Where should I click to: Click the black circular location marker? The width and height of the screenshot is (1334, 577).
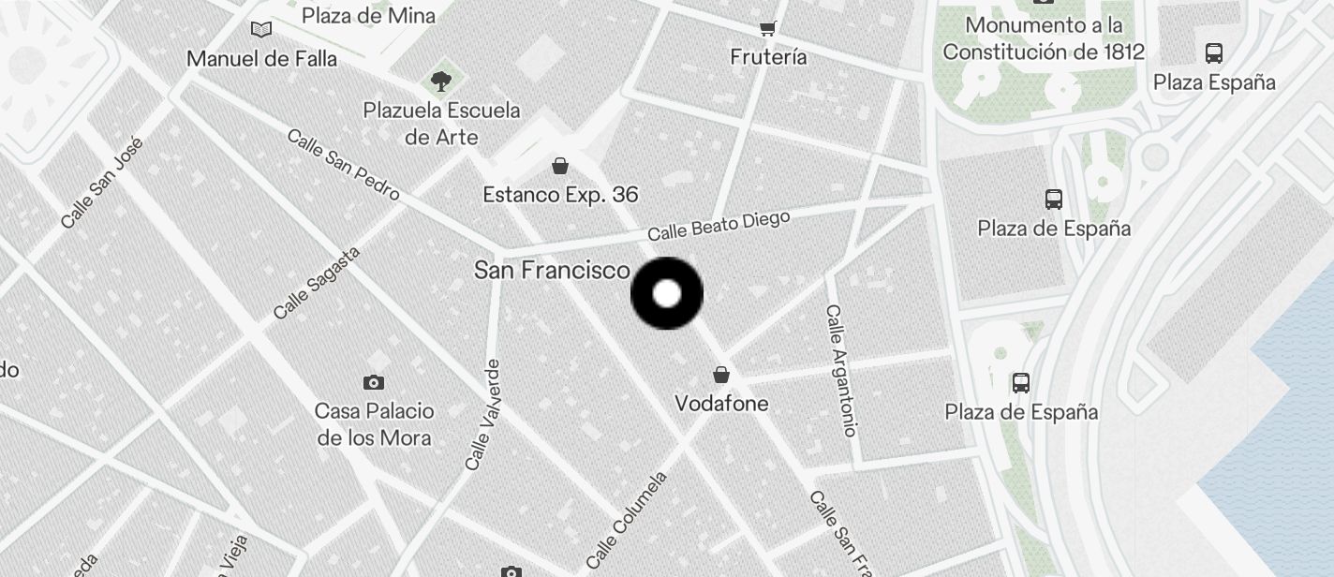coord(667,294)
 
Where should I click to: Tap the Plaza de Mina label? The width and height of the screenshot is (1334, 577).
coord(368,15)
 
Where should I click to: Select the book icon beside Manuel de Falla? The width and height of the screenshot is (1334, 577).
coord(261,30)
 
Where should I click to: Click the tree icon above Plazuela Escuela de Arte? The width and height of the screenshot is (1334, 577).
coord(440,81)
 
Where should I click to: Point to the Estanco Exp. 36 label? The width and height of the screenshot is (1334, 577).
coord(560,195)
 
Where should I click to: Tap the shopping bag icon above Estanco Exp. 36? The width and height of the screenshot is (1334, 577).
coord(560,167)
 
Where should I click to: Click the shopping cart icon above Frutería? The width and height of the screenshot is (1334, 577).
coord(768,29)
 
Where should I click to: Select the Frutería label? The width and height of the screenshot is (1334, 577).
coord(768,57)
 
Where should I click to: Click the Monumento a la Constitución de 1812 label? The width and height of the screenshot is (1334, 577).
coord(1044,38)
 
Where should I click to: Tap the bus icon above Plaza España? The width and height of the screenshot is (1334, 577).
coord(1214,53)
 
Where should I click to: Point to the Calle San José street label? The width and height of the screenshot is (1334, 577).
coord(102,183)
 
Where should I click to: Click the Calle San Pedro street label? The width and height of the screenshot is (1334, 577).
coord(343,165)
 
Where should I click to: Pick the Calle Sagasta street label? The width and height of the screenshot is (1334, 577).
coord(317,283)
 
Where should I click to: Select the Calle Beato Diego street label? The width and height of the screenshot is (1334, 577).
coord(719,226)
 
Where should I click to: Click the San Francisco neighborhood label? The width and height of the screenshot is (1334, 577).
coord(552,271)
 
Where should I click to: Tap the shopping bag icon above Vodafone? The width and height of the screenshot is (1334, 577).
coord(721,376)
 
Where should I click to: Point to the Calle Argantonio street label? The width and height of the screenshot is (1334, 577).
coord(841,370)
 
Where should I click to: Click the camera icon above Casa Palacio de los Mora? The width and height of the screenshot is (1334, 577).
coord(374,382)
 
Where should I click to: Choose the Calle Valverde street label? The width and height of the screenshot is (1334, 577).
coord(482,415)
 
